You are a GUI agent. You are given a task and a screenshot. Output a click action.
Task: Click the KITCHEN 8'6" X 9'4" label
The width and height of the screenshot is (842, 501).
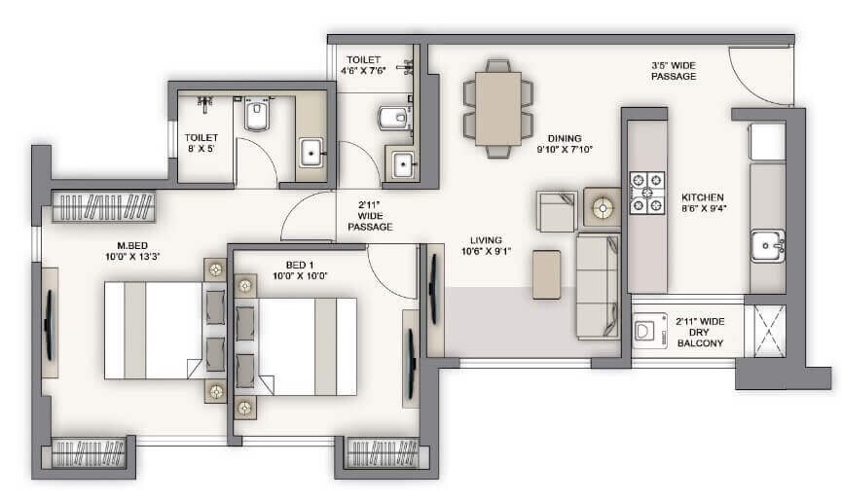coord(703,201)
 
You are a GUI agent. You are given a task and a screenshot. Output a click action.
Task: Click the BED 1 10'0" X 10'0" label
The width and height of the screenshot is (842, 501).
coord(299,269)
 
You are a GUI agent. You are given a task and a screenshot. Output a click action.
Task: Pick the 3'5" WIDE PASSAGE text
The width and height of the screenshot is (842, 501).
coord(674,71)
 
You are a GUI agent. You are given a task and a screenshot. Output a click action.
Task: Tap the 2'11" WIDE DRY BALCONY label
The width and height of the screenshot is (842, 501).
coord(700,332)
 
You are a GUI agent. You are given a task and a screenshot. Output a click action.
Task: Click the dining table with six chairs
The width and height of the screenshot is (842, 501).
coord(498,108)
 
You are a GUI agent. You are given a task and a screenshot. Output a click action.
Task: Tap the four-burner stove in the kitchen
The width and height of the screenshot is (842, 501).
coord(646,193)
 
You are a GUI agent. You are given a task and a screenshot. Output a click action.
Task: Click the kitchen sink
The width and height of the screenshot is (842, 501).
coord(766,246)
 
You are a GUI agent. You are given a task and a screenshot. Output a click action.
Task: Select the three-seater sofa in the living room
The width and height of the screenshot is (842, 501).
coord(597,286)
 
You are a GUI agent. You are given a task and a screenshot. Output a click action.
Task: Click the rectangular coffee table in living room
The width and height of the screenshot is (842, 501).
coord(546,274)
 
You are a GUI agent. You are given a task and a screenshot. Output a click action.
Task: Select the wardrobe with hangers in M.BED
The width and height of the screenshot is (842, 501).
coord(103,207)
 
